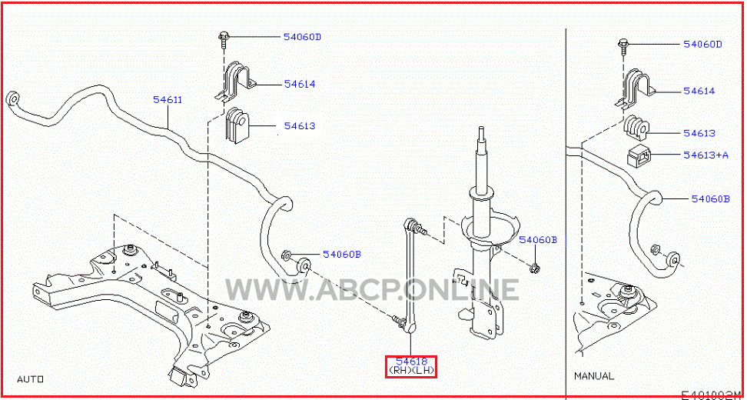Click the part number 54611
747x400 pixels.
click(168, 100)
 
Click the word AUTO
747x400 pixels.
click(31, 379)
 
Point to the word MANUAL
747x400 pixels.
click(594, 375)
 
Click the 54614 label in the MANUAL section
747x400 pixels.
click(699, 91)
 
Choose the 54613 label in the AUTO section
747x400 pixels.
click(300, 126)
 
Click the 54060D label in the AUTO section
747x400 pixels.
click(303, 36)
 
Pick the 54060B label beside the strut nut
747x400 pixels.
click(538, 239)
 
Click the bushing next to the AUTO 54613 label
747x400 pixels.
click(237, 125)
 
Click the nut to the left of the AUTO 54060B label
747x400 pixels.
click(287, 255)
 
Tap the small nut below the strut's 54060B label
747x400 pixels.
click(535, 269)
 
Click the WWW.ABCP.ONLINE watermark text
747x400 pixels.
click(372, 289)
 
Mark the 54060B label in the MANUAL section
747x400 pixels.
click(710, 198)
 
